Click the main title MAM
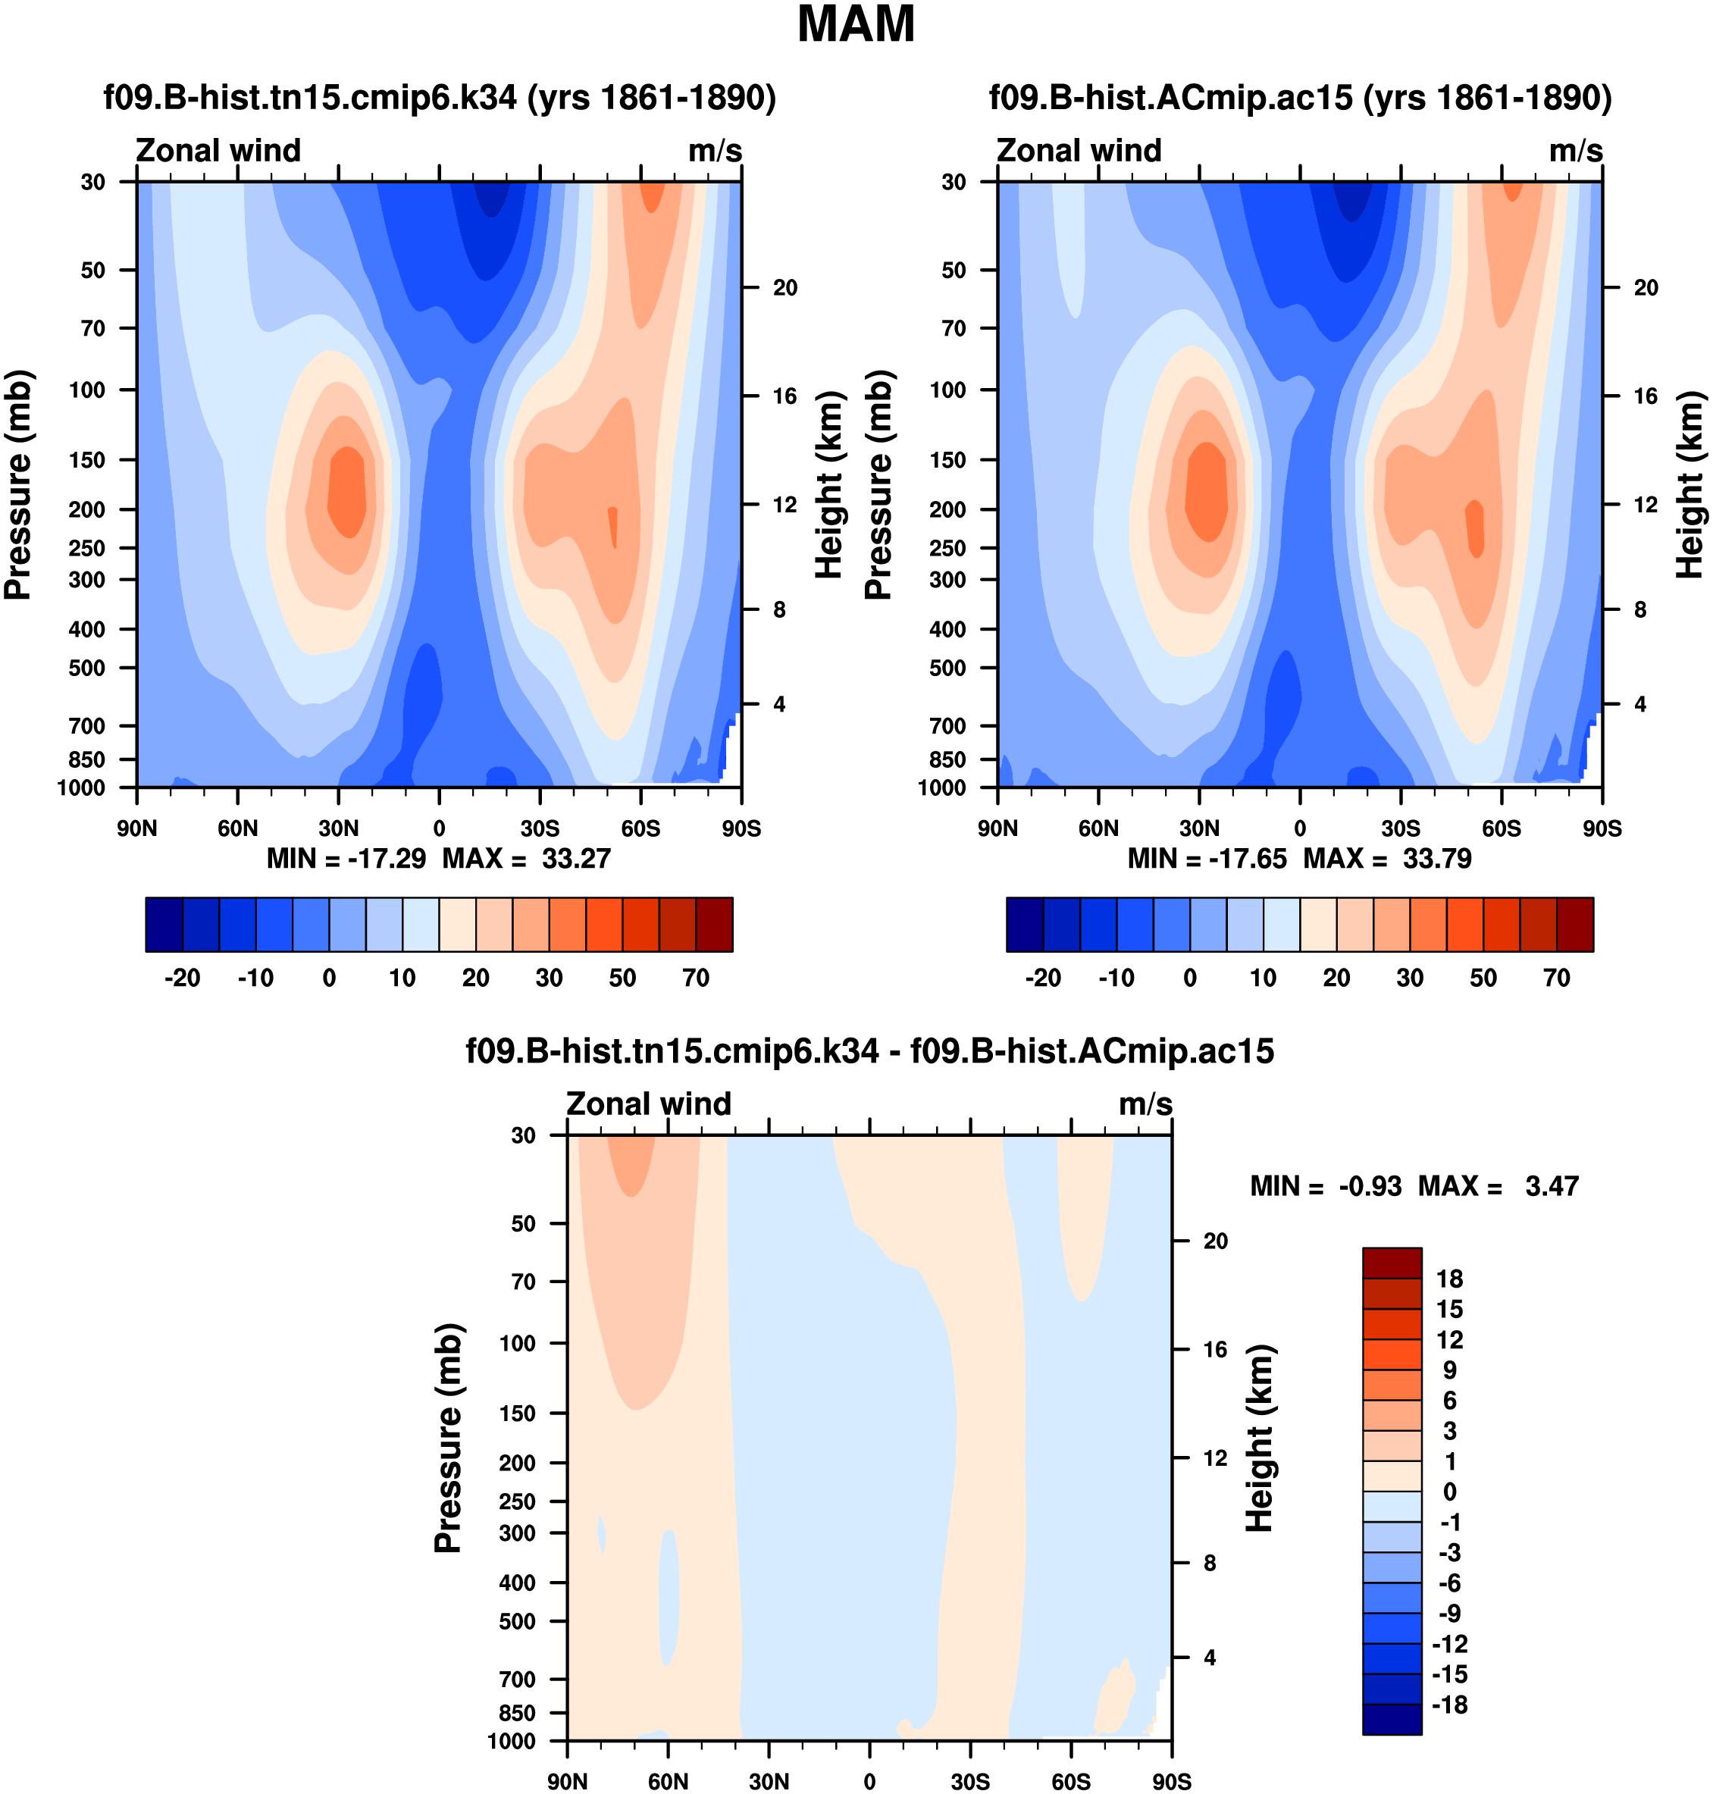tap(856, 25)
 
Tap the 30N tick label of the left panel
tap(338, 829)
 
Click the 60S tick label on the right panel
tap(1502, 829)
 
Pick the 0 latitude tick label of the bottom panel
tap(869, 1781)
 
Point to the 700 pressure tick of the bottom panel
tap(517, 1679)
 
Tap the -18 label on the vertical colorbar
tap(1449, 1705)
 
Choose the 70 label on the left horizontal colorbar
tap(696, 978)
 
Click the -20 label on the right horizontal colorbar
tap(1043, 978)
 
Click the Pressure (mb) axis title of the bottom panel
tap(447, 1438)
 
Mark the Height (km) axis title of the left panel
tap(827, 485)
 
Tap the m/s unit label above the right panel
tap(1575, 151)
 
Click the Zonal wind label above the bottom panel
tap(648, 1104)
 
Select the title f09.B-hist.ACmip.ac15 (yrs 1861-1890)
tap(1300, 98)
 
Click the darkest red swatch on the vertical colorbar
tap(1392, 1263)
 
